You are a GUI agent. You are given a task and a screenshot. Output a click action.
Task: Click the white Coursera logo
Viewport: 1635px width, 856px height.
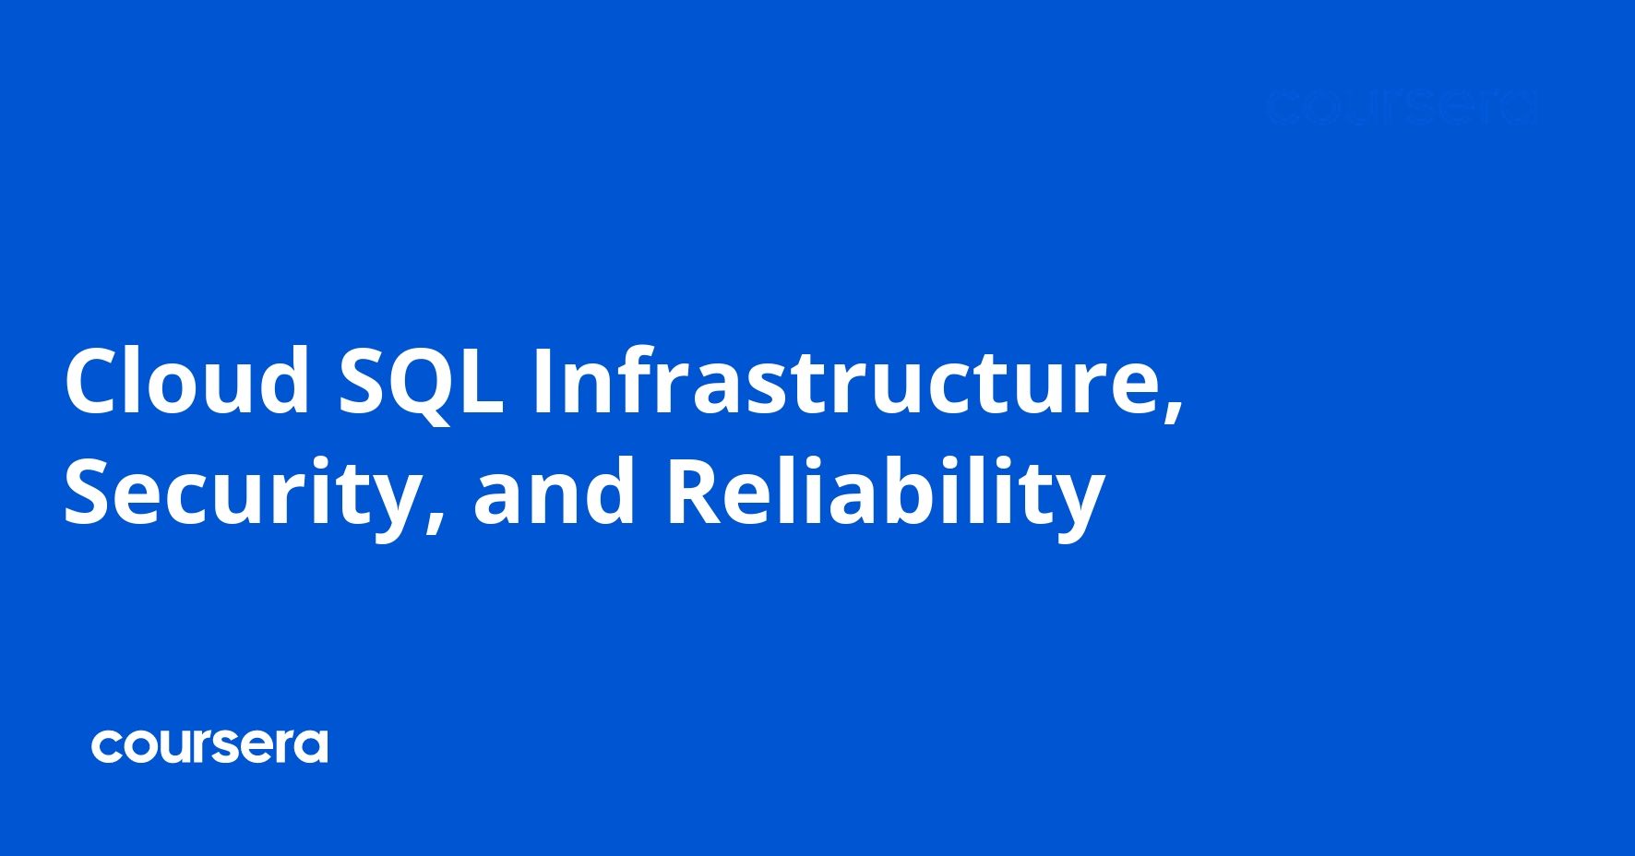click(209, 746)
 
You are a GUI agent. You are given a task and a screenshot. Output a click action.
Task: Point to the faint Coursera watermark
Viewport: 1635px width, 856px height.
click(1401, 108)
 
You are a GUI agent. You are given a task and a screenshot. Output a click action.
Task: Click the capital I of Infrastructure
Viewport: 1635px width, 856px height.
click(543, 380)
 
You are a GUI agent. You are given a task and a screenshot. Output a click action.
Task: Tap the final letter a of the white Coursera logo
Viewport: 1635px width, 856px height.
click(312, 747)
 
